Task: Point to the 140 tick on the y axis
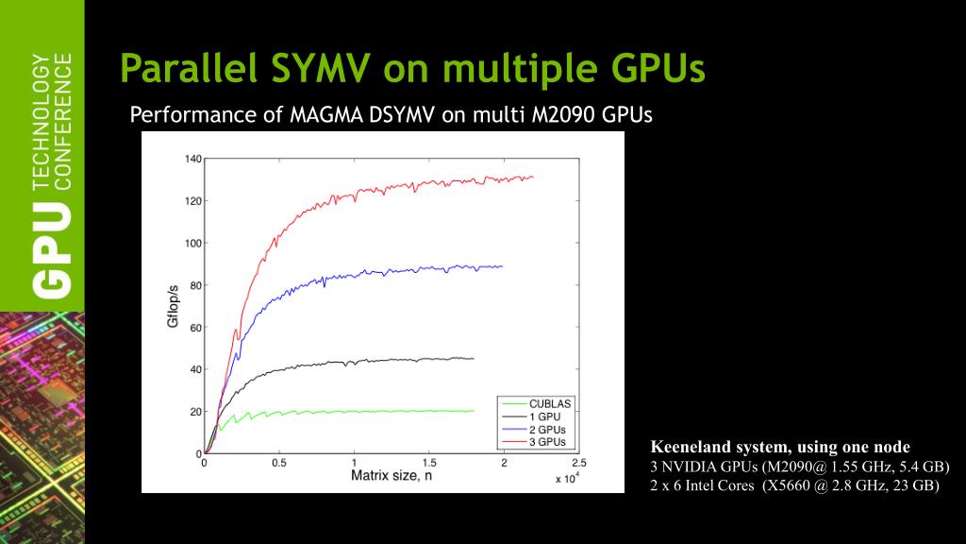click(x=193, y=159)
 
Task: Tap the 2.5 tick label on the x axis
click(x=578, y=463)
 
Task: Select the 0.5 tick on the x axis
click(x=279, y=463)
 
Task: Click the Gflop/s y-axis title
click(x=173, y=306)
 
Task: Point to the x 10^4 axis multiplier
click(x=566, y=479)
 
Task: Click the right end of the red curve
click(x=533, y=177)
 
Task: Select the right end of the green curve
click(x=473, y=411)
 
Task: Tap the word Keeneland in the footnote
click(x=686, y=447)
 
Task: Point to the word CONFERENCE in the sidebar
click(x=63, y=122)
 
